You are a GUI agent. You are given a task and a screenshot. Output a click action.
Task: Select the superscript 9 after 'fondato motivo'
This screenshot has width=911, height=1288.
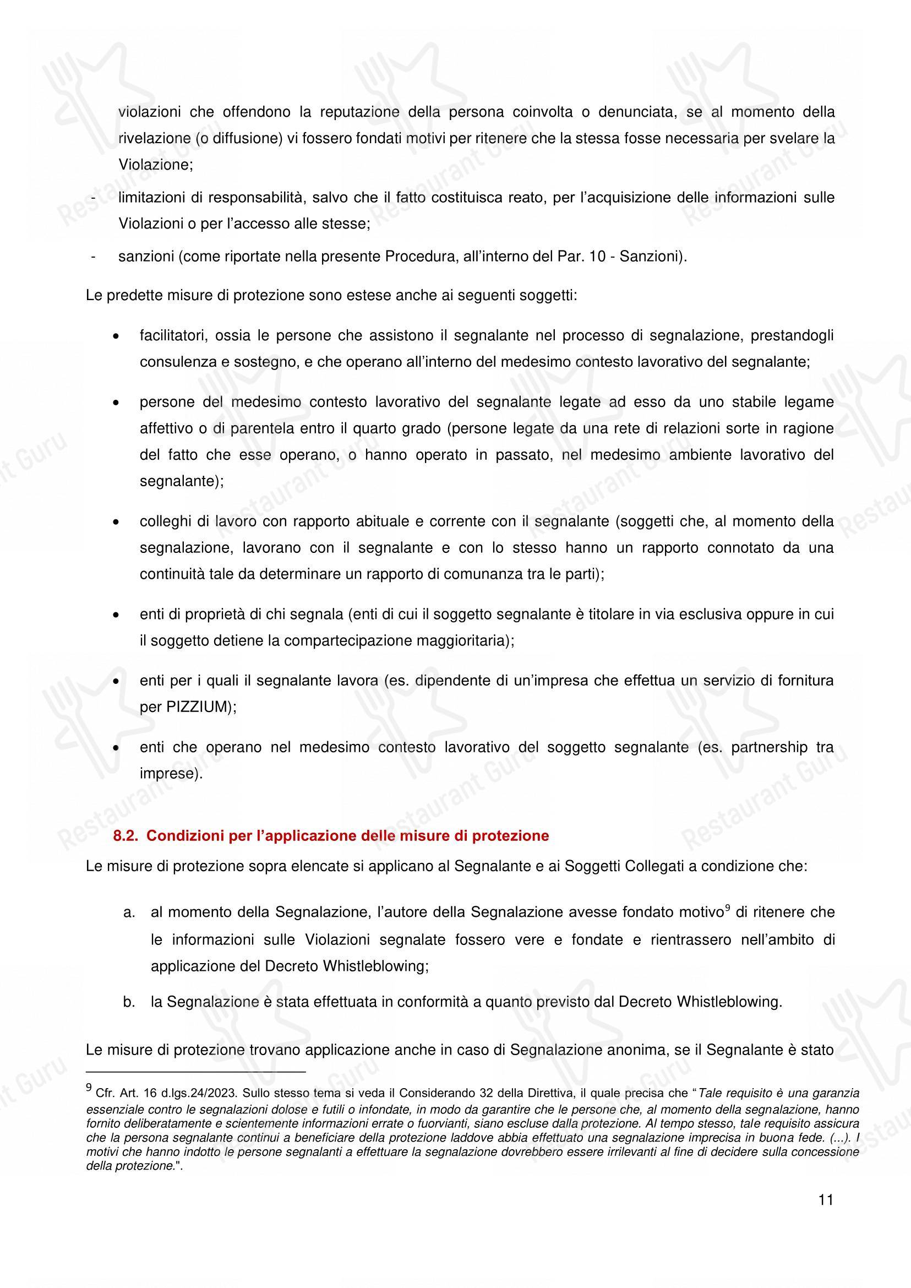tap(727, 907)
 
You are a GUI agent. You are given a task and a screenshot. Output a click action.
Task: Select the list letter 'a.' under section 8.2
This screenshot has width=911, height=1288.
tap(129, 912)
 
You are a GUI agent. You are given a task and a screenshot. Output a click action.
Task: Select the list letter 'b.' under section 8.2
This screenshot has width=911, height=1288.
tap(129, 1002)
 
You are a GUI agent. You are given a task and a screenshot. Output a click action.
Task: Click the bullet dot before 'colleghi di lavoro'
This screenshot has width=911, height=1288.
tap(116, 523)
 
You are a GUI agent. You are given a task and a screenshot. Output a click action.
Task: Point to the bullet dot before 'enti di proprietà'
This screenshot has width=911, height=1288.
tap(116, 616)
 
